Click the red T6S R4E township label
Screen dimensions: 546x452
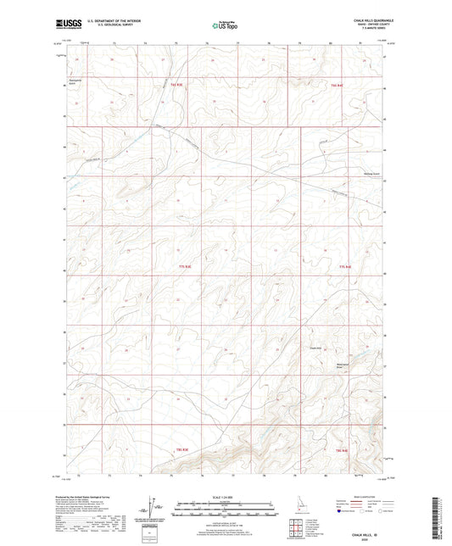tap(339, 85)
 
